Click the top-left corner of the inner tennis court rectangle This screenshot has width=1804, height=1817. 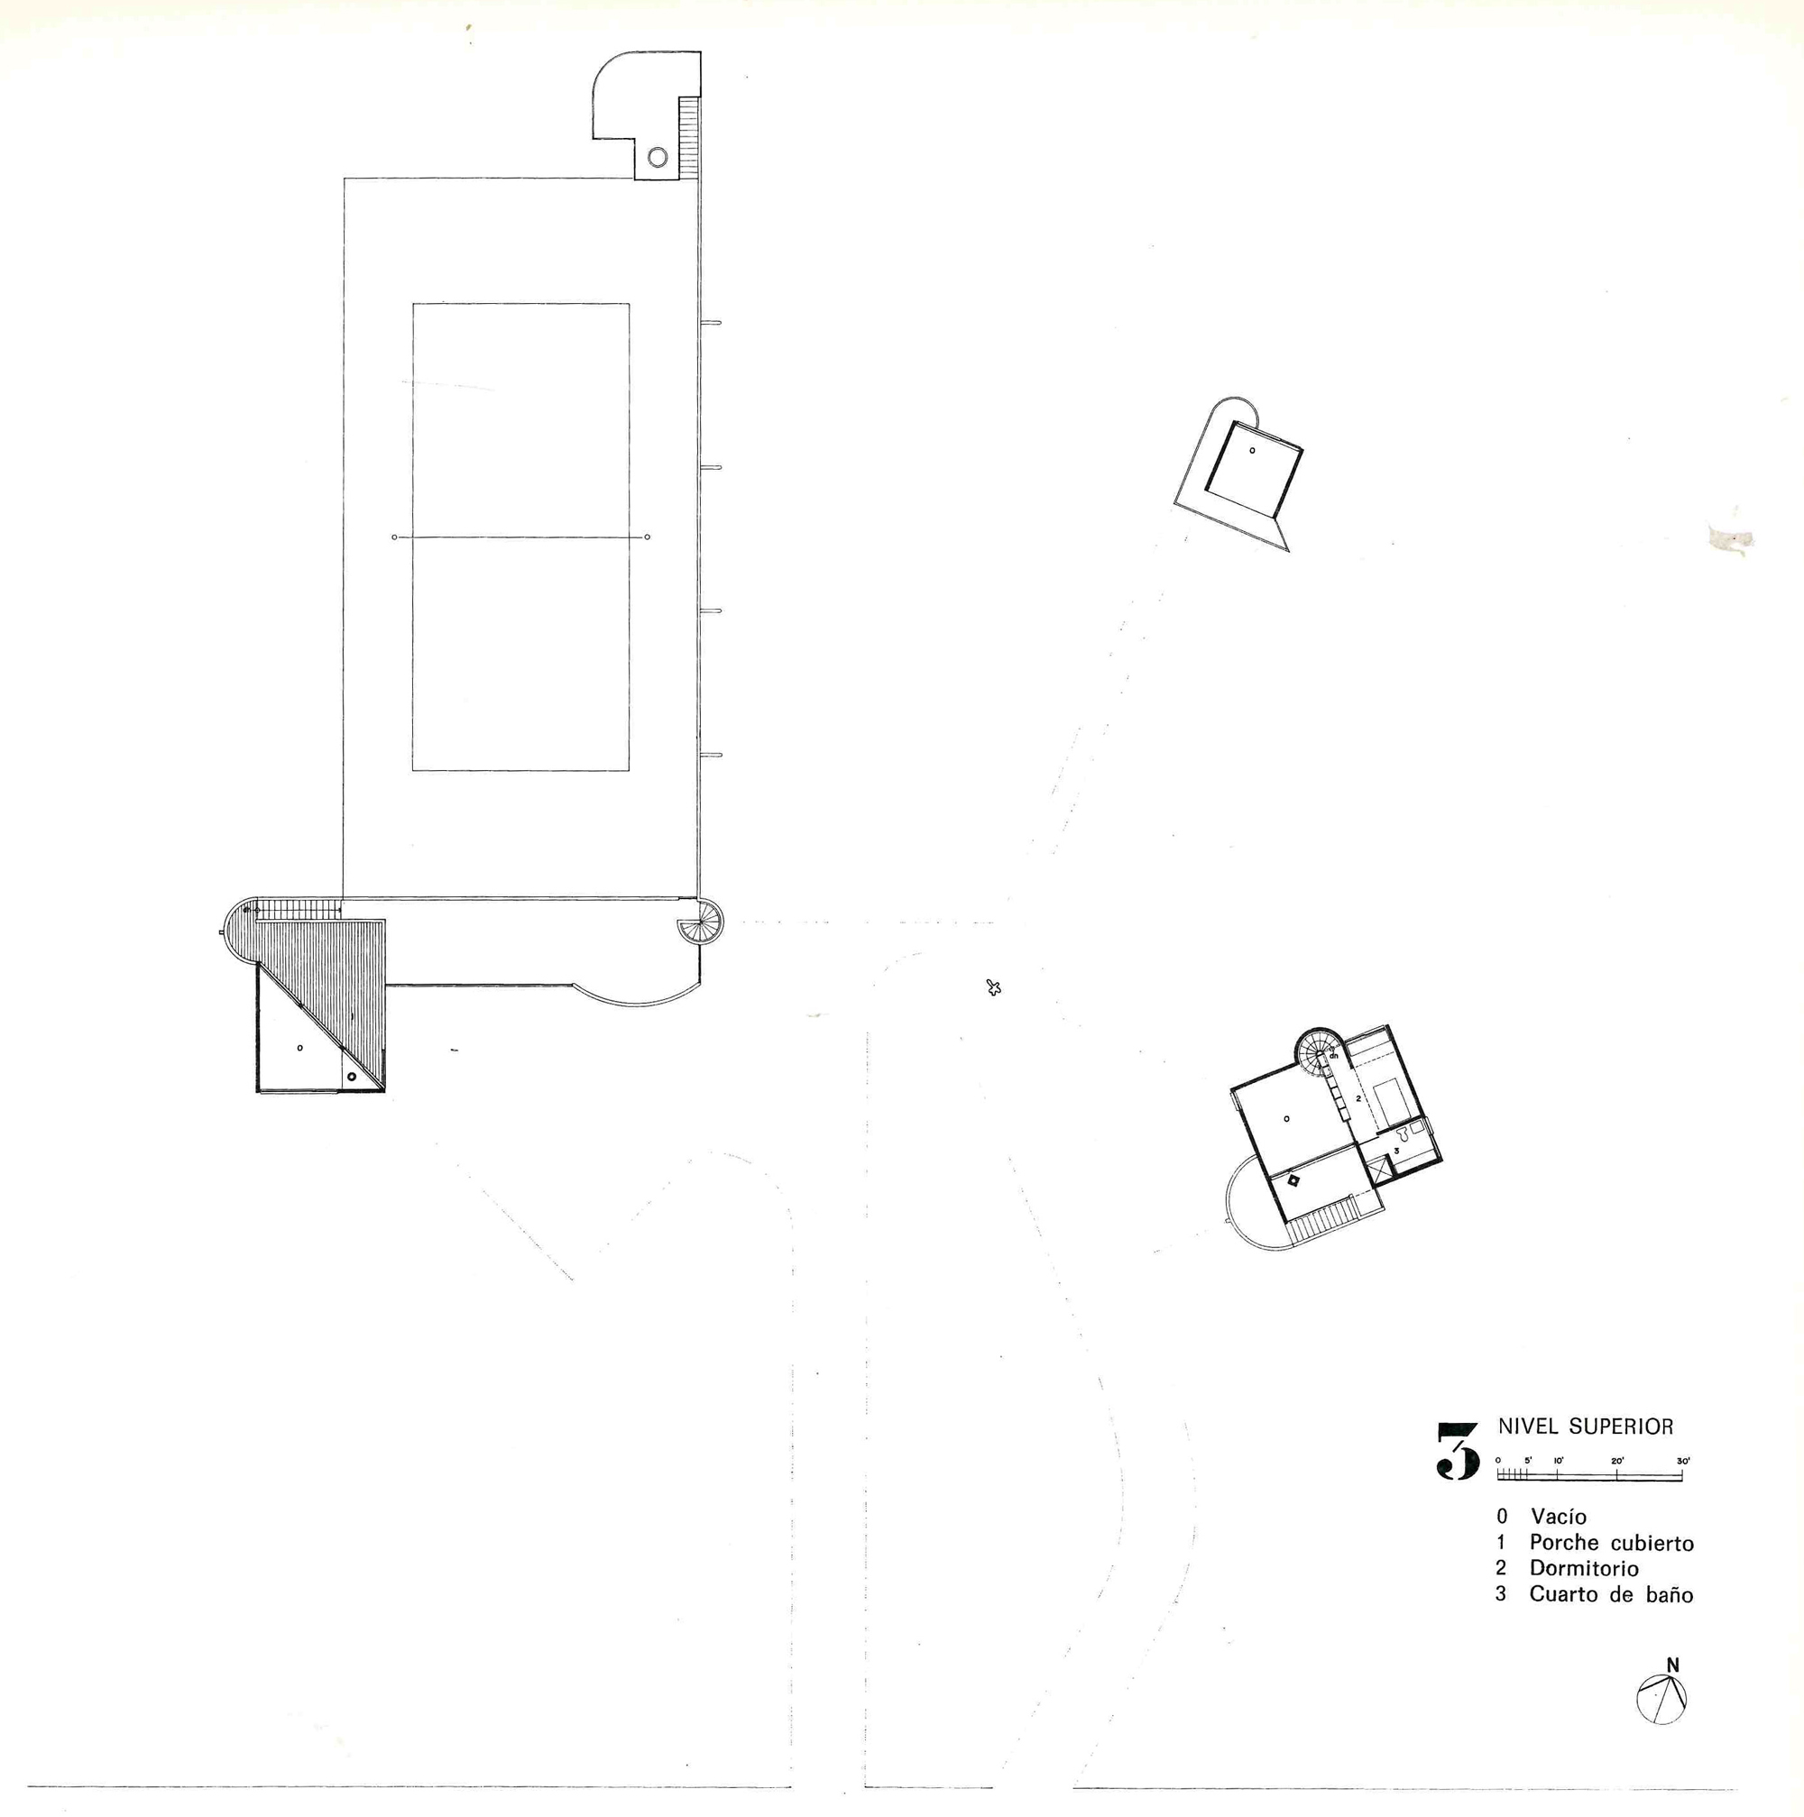click(413, 304)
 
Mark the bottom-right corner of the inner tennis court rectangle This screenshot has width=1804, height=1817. click(630, 771)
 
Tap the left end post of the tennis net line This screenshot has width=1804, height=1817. click(394, 537)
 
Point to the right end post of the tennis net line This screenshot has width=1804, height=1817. click(648, 537)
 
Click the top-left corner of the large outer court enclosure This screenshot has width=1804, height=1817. click(345, 178)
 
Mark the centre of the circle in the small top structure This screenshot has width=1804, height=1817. click(658, 157)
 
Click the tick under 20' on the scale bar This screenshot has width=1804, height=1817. click(1616, 1474)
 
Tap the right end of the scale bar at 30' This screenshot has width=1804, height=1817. click(1681, 1474)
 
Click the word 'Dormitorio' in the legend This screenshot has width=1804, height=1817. click(1584, 1568)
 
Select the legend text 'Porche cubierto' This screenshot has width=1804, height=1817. click(1611, 1542)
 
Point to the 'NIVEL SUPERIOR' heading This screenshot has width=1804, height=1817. click(1586, 1427)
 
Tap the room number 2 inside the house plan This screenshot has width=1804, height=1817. click(1358, 1098)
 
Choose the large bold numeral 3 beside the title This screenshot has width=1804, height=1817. click(1458, 1451)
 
